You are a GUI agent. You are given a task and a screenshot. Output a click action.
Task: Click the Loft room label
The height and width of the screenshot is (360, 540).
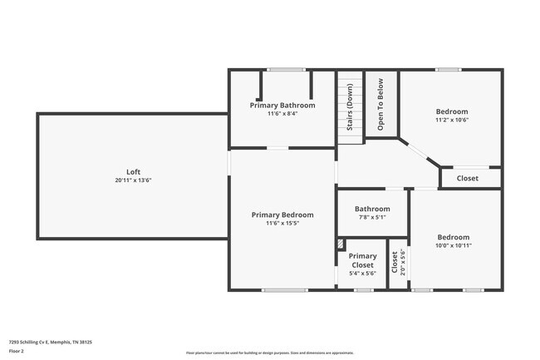[133, 172]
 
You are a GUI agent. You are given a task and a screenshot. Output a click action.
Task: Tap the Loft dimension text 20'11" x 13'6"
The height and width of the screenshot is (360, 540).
[133, 180]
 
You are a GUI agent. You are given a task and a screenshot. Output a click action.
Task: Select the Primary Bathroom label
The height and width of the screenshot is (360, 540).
[282, 106]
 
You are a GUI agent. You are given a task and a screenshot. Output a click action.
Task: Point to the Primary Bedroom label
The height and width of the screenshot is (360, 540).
[282, 215]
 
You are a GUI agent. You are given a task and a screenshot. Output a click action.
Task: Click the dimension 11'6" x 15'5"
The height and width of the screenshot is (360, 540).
[282, 223]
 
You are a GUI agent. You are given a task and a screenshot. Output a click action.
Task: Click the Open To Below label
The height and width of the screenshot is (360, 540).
[380, 106]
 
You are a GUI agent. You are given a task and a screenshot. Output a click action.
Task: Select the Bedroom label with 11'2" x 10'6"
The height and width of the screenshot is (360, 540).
[452, 111]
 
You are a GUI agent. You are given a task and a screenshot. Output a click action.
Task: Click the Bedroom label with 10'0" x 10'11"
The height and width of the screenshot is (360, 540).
[454, 237]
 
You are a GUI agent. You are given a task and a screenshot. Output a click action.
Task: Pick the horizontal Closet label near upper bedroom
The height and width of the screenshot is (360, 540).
[468, 178]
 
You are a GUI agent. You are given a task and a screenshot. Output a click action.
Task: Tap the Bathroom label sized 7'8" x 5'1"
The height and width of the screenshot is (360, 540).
[372, 209]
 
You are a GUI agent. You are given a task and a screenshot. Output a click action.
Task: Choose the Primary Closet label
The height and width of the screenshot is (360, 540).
[362, 260]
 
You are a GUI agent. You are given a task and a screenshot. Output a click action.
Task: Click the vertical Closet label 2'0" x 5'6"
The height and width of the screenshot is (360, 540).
[395, 262]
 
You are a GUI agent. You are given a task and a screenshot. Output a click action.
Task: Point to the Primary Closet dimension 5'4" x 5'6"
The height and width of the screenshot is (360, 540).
[362, 273]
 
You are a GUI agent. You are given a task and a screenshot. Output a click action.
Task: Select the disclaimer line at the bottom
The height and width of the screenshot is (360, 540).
[270, 353]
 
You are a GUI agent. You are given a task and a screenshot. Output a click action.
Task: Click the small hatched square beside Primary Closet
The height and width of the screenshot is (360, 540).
[341, 244]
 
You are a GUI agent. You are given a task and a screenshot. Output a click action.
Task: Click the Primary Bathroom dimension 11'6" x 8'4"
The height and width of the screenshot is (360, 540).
[282, 114]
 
